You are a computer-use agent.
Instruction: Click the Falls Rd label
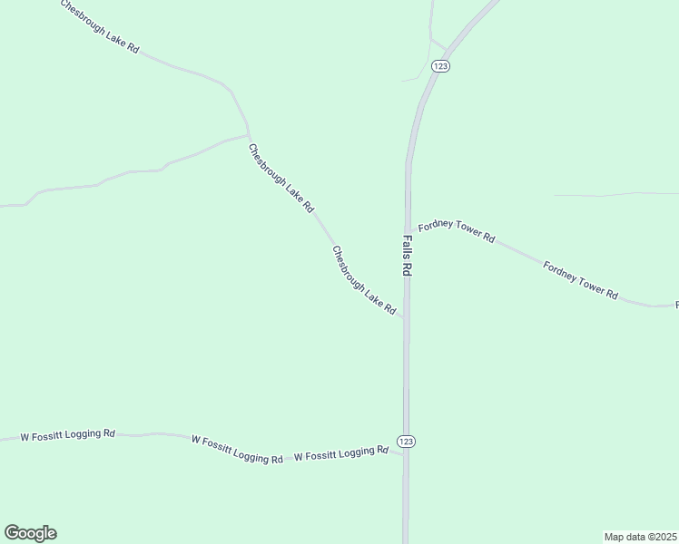[408, 257]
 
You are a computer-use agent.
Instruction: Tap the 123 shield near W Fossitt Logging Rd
[406, 441]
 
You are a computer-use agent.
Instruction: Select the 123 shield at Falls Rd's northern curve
[440, 66]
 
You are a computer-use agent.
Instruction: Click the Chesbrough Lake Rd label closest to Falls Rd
[364, 281]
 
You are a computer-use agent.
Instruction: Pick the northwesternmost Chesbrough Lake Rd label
[100, 26]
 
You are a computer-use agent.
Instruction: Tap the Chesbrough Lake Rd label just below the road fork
[280, 178]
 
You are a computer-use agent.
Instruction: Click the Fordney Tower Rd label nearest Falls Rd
[456, 232]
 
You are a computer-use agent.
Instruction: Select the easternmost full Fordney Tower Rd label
[580, 280]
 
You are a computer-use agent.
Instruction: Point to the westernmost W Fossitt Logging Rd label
[68, 435]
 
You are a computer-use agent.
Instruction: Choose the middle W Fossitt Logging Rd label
[238, 449]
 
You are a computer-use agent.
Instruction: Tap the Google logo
[30, 533]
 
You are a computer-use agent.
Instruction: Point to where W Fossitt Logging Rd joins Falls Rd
[405, 454]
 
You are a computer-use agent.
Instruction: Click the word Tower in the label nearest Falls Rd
[465, 234]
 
